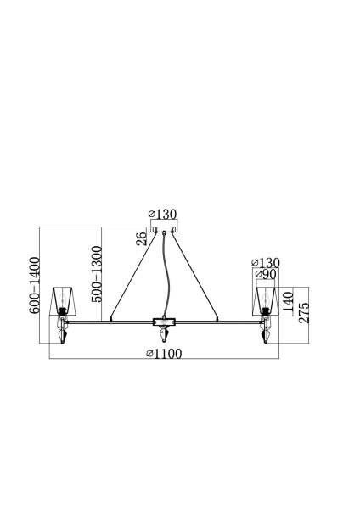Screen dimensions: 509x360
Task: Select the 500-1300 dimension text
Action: tap(96, 275)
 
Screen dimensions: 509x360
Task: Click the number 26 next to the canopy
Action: tap(141, 239)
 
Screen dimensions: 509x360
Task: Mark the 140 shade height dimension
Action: tap(290, 302)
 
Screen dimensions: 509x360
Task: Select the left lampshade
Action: tap(62, 299)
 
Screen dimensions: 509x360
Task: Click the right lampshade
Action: tap(266, 299)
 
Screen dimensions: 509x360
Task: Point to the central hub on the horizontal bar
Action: tap(163, 322)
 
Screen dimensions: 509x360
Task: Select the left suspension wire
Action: tap(132, 276)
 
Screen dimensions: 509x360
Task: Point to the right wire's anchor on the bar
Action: tap(217, 319)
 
